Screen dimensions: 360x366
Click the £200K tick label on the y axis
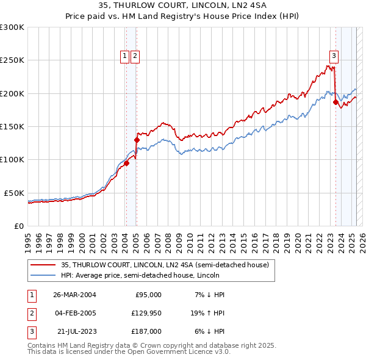point(12,93)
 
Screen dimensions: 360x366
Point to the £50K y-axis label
point(14,193)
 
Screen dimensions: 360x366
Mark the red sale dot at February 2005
point(137,140)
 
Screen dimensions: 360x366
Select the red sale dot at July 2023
point(335,103)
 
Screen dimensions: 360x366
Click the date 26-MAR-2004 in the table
point(74,295)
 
